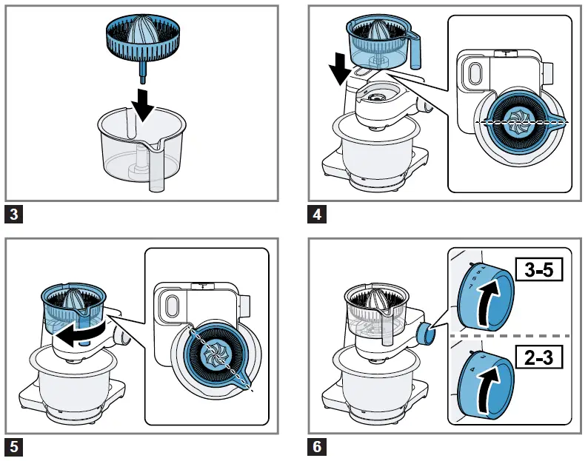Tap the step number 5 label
[15, 446]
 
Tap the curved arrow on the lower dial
[486, 392]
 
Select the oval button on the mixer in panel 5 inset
[170, 306]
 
